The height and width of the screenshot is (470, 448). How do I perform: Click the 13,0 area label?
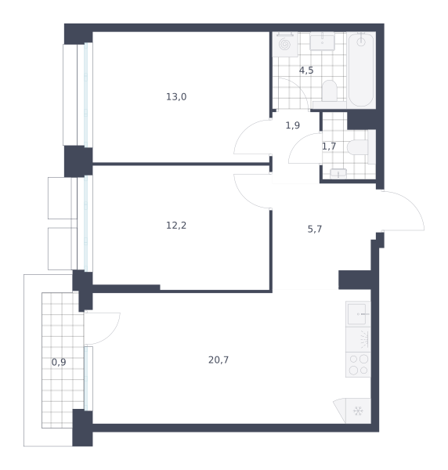[x=176, y=97]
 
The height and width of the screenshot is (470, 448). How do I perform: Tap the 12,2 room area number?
[x=176, y=225]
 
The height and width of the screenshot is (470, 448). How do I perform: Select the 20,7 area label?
[x=219, y=360]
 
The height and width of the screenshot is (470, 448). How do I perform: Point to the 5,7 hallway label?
[x=315, y=229]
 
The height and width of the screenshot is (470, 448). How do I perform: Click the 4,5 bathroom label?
[x=306, y=70]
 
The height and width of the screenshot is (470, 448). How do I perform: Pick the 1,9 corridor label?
[x=293, y=125]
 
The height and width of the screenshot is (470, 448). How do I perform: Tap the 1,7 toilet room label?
[x=329, y=146]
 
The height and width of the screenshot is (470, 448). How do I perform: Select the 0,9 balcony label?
[x=59, y=362]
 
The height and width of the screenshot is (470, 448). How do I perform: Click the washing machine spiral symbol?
[x=284, y=45]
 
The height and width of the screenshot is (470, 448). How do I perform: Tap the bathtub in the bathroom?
[x=361, y=70]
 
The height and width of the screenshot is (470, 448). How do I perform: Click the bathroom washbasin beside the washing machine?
[x=322, y=42]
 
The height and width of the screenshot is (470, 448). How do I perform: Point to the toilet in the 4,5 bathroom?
[x=329, y=91]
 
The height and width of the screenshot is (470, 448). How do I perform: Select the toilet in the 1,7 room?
[x=357, y=147]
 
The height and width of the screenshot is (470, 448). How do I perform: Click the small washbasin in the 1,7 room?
[x=338, y=174]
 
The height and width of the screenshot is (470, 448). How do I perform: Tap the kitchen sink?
[x=357, y=314]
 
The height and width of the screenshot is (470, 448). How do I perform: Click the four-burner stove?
[x=358, y=364]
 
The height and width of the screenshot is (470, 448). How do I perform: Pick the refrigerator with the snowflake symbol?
[x=358, y=410]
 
